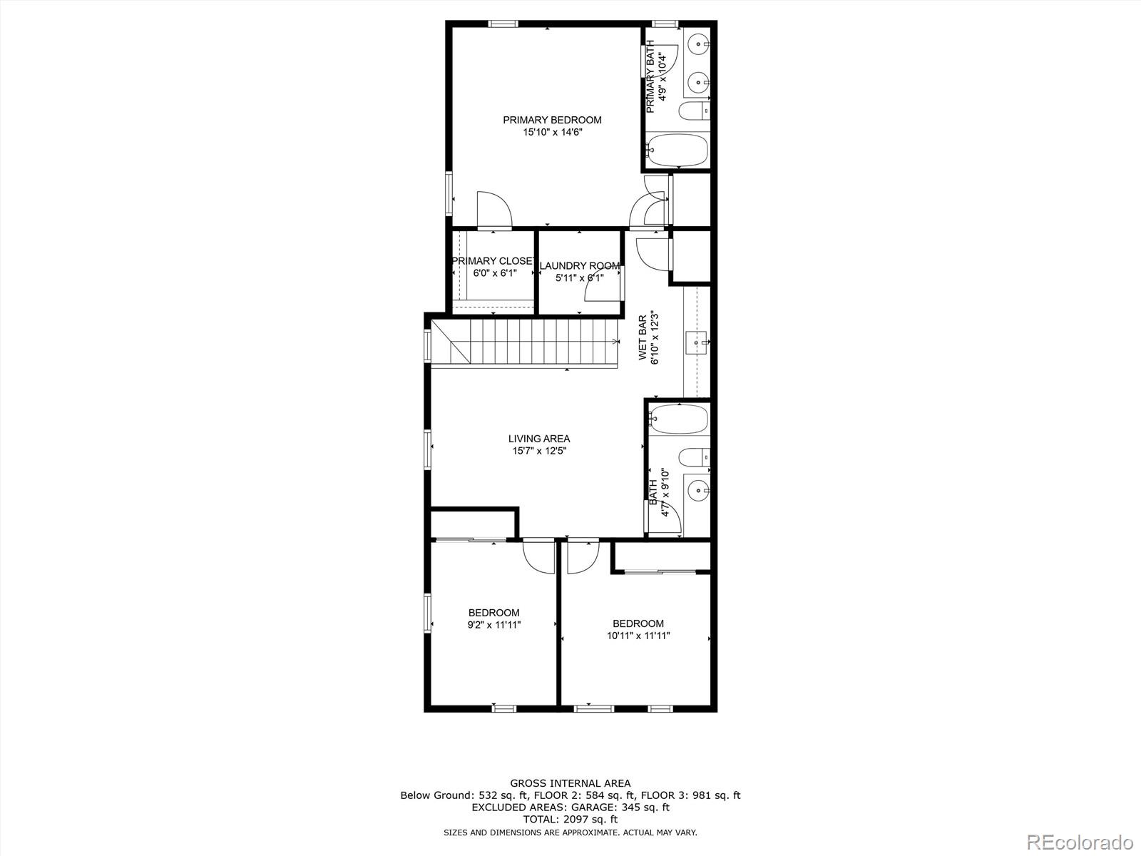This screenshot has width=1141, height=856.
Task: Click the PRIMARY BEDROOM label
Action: point(552,120)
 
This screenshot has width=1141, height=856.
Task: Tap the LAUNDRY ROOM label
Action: point(579,266)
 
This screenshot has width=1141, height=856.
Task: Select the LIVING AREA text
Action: point(538,439)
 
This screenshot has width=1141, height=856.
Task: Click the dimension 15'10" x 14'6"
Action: point(552,132)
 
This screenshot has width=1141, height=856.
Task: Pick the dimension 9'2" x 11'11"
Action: point(493,625)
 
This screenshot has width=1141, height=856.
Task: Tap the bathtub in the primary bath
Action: point(677,151)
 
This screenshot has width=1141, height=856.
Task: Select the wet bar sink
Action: point(697,342)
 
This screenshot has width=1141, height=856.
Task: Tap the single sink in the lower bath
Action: point(696,490)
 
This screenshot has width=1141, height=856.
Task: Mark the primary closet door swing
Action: point(493,210)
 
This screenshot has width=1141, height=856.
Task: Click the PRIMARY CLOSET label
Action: point(493,261)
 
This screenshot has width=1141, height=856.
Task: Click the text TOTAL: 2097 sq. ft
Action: point(570,820)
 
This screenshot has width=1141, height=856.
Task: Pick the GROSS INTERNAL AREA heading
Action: point(570,783)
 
